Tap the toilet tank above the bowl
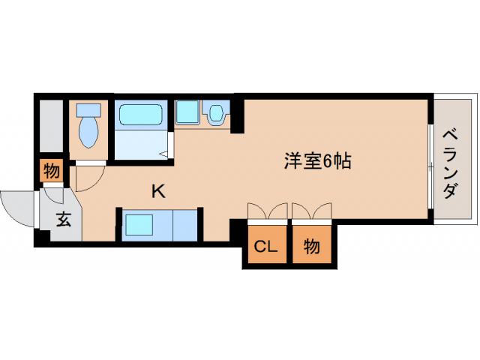click(x=88, y=109)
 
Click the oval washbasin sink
click(x=217, y=113)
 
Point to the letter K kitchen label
click(x=158, y=191)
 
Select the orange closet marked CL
click(x=263, y=246)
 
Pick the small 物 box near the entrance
click(x=51, y=171)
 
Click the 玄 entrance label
click(x=64, y=220)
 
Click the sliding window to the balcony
click(x=430, y=165)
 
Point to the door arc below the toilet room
click(x=84, y=177)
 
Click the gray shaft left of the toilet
click(x=52, y=124)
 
